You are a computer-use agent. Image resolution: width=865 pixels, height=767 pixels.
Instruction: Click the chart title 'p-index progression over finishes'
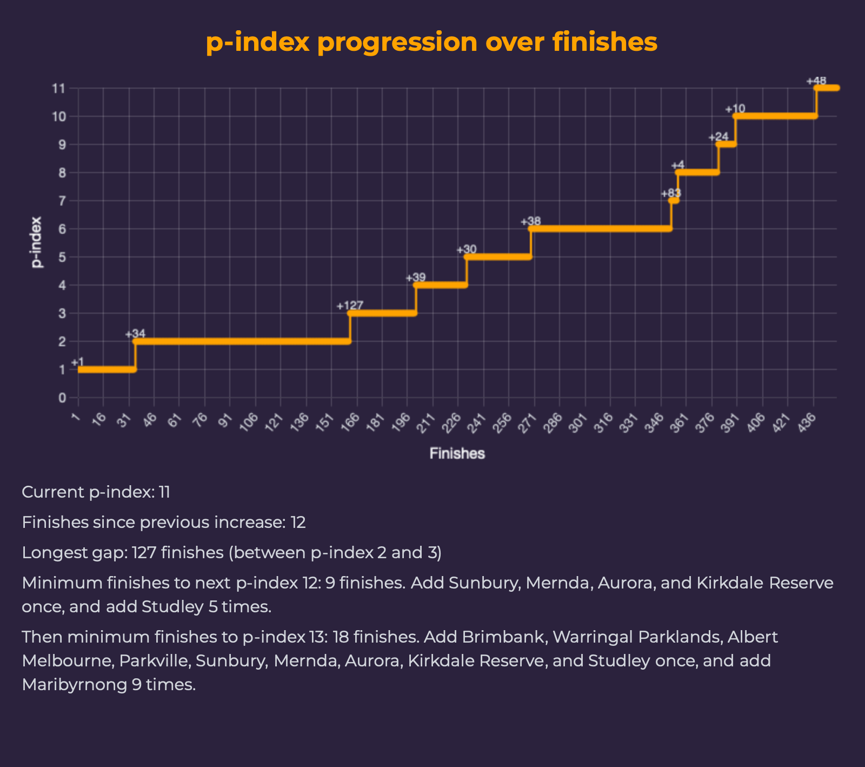(x=431, y=42)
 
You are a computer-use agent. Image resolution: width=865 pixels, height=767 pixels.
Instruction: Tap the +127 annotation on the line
(x=350, y=306)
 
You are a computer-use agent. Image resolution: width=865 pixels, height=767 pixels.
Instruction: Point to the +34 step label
(x=135, y=334)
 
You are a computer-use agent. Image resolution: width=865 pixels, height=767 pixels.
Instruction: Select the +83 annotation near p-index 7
(x=670, y=194)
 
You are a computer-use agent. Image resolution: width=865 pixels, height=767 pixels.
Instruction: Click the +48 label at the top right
(x=816, y=81)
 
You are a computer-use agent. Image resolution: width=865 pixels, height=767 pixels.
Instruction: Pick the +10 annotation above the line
(x=735, y=109)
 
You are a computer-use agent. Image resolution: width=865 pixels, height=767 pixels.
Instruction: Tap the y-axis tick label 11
(x=59, y=88)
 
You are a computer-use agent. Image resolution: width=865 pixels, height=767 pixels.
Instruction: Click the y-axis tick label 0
(x=62, y=398)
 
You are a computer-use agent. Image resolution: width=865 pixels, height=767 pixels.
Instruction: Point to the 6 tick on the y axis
(x=62, y=229)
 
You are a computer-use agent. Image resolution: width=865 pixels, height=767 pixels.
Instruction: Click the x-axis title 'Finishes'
(x=457, y=454)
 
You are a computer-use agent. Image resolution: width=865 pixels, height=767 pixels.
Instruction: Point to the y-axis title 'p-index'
(x=36, y=242)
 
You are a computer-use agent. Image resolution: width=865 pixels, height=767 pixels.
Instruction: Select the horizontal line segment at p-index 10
(x=775, y=116)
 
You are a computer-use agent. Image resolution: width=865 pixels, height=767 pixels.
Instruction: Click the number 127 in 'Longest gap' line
(x=144, y=553)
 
